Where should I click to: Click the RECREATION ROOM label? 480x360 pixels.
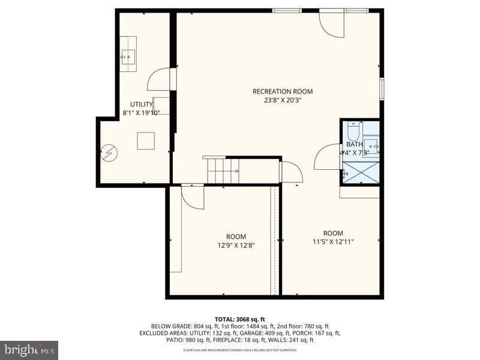click(x=282, y=91)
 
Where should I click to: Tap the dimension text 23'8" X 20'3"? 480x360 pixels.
click(x=282, y=100)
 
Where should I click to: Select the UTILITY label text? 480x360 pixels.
click(x=142, y=104)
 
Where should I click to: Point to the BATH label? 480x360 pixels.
click(x=354, y=144)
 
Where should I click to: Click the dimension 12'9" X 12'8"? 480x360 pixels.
click(x=236, y=245)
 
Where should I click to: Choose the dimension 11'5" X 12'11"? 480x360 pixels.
click(x=333, y=242)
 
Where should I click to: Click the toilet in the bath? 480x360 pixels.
click(x=353, y=131)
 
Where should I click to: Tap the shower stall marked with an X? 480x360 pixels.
click(x=361, y=172)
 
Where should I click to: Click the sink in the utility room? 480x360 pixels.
click(x=128, y=57)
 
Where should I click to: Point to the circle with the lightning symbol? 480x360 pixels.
click(x=109, y=153)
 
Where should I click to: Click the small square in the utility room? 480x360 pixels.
click(x=146, y=140)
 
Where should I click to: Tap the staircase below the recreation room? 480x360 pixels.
click(x=223, y=170)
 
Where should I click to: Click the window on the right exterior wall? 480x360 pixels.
click(x=382, y=88)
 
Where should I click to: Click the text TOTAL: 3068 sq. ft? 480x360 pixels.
click(x=239, y=319)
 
